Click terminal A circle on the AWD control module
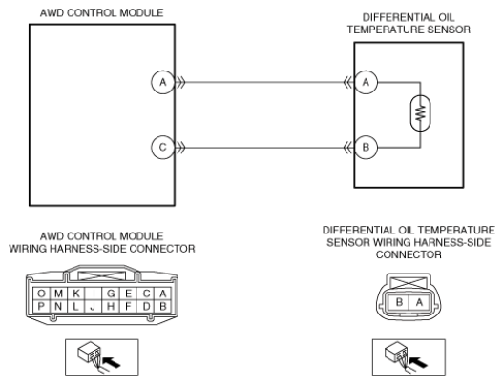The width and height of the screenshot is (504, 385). [163, 83]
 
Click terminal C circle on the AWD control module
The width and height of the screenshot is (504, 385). [163, 148]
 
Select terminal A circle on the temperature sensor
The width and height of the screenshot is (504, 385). [366, 83]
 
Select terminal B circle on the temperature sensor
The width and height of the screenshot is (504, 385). [366, 148]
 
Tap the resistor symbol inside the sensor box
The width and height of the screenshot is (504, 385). [420, 113]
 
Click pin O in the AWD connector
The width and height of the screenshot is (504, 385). [41, 294]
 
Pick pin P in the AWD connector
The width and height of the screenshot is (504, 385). [41, 307]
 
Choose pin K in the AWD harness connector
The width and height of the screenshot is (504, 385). [76, 294]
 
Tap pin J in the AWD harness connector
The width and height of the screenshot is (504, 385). [94, 307]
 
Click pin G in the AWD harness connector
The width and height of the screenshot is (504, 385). [111, 294]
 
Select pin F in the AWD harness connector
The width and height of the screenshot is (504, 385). [128, 307]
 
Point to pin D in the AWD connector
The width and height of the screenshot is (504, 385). [146, 307]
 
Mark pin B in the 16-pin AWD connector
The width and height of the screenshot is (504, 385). [163, 307]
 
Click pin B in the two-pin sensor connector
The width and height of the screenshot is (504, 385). [399, 302]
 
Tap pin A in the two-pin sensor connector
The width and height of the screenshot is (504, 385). [419, 302]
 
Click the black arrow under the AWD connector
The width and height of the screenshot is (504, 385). [113, 362]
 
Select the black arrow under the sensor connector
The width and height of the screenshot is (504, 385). [419, 362]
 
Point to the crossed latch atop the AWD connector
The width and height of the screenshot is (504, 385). [102, 276]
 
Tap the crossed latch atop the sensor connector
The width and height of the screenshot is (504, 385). [409, 283]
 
